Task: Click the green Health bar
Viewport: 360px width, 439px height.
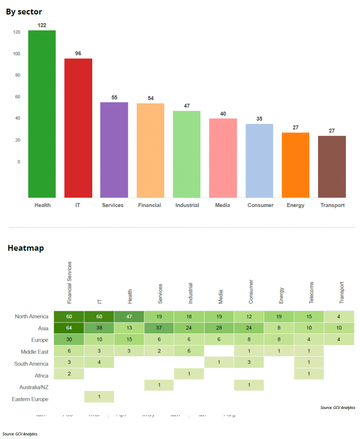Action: coord(42,114)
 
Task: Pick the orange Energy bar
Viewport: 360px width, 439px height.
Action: coord(296,165)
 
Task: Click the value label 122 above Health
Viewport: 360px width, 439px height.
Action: coord(42,25)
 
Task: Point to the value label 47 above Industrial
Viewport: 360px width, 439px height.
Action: coord(187,106)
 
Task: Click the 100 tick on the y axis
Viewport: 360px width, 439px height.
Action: coord(17,54)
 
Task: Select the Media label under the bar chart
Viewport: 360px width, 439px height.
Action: coord(223,205)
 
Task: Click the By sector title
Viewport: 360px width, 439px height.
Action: coord(24,12)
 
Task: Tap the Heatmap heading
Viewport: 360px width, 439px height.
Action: coord(26,248)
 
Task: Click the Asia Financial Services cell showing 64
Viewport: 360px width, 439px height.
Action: coord(69,328)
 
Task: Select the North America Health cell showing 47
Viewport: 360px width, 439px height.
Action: coord(129,317)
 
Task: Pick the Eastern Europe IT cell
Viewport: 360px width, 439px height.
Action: coord(99,397)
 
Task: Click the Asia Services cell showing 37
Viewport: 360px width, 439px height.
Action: coord(159,328)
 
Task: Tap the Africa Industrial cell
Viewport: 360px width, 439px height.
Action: coord(189,373)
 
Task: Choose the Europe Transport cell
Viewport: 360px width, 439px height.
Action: coord(339,340)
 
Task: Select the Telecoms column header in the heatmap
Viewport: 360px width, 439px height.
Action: coord(312,293)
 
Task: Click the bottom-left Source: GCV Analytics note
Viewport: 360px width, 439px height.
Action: coord(20,434)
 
